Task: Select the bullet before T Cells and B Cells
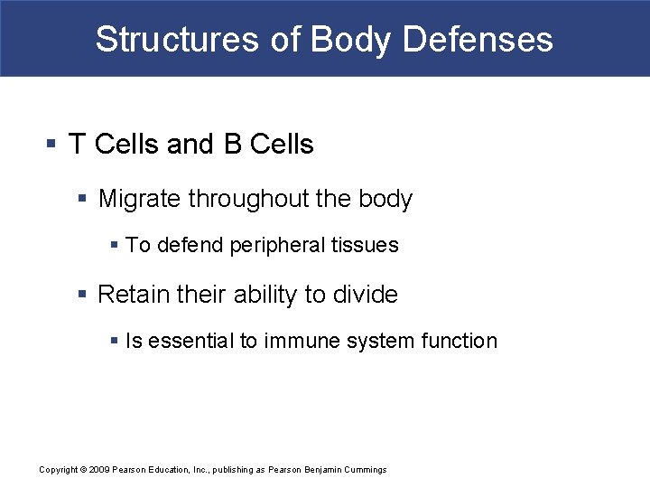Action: tap(51, 145)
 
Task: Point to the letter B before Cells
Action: tap(232, 145)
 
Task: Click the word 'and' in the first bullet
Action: tap(190, 145)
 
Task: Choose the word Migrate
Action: tap(139, 199)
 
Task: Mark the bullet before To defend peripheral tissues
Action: tap(114, 245)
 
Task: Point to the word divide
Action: tap(366, 295)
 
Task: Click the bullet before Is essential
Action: tap(114, 341)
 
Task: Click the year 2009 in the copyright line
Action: tap(100, 470)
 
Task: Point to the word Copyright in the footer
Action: tap(59, 470)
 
